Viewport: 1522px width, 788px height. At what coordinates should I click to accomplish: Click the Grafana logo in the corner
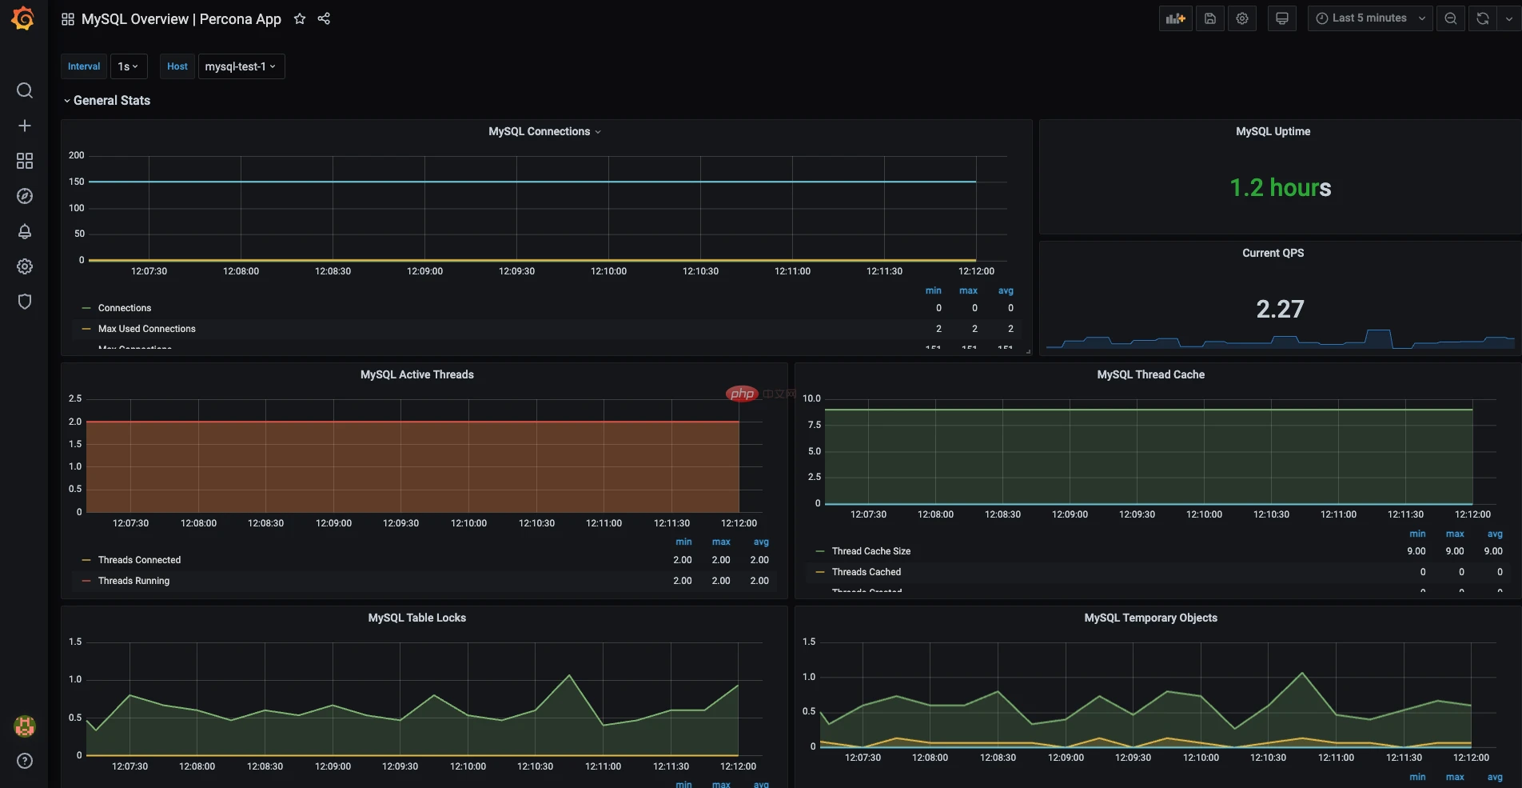point(23,18)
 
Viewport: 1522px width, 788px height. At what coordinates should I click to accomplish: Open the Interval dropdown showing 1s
point(128,66)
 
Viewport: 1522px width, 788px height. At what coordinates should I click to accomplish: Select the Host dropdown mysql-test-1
point(240,66)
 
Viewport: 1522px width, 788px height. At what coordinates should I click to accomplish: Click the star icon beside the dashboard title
point(300,18)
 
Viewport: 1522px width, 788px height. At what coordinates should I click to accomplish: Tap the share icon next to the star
point(324,18)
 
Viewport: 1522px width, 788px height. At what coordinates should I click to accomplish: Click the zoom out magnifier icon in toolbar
point(1450,18)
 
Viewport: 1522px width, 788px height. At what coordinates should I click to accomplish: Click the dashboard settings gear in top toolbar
point(1241,18)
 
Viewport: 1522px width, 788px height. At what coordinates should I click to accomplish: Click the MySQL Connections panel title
point(540,131)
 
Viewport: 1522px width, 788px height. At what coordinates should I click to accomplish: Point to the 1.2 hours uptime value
point(1280,188)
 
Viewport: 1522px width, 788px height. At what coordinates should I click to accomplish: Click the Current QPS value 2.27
point(1280,309)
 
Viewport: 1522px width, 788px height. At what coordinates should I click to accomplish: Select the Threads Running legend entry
point(133,581)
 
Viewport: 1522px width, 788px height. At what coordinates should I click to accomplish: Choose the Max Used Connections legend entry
point(146,329)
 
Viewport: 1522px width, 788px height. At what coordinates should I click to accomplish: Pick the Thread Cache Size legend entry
point(871,551)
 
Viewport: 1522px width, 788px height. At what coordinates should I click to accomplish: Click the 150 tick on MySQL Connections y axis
point(77,182)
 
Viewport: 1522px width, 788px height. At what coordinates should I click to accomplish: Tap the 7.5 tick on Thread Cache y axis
point(814,425)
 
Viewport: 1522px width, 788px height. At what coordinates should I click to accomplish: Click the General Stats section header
point(111,101)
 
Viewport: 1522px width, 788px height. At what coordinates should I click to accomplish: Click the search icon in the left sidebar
point(25,90)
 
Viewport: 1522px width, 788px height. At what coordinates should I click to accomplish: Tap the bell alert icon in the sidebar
point(25,231)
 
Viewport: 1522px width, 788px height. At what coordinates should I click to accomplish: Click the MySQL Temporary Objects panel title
point(1150,618)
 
